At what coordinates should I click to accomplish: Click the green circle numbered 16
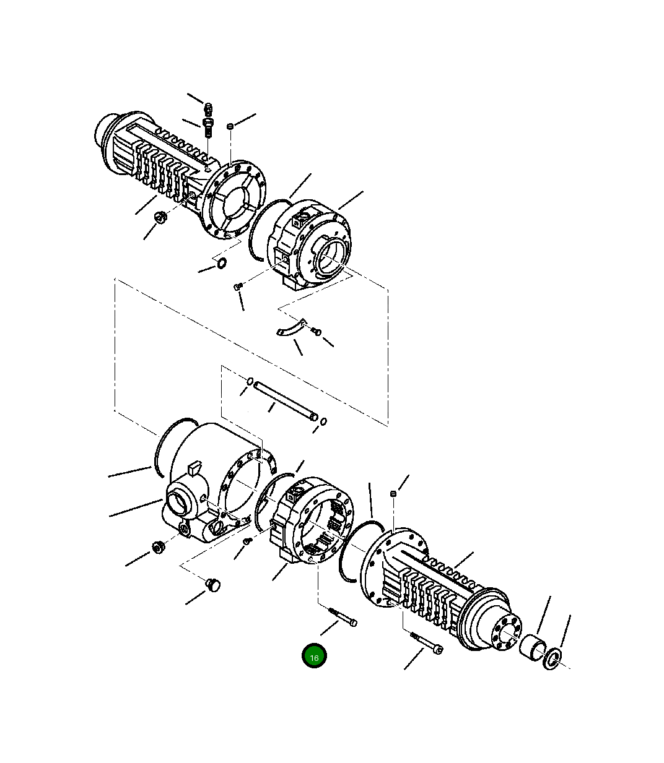tap(314, 657)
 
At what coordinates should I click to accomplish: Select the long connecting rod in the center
tap(286, 400)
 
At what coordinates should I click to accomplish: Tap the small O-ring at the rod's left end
tap(250, 381)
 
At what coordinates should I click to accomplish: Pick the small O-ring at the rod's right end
tap(324, 421)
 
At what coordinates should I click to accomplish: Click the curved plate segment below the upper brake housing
tap(290, 328)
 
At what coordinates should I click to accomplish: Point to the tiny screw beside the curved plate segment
tap(317, 332)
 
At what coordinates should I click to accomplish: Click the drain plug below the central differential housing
tap(213, 584)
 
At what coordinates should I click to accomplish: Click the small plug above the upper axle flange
tap(230, 126)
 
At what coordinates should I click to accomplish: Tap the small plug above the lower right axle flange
tap(393, 493)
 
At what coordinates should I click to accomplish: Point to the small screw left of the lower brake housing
tap(247, 541)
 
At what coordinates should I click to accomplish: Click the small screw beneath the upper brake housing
tap(237, 287)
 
